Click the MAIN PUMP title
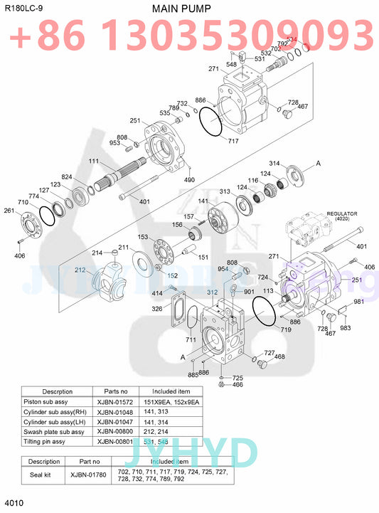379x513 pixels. tap(181, 8)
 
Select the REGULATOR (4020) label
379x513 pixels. tap(341, 216)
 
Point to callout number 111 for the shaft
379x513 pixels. tap(94, 162)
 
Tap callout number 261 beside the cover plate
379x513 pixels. tap(9, 211)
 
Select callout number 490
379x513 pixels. tap(189, 180)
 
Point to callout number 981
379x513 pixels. tap(358, 302)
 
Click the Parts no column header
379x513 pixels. tap(115, 391)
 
